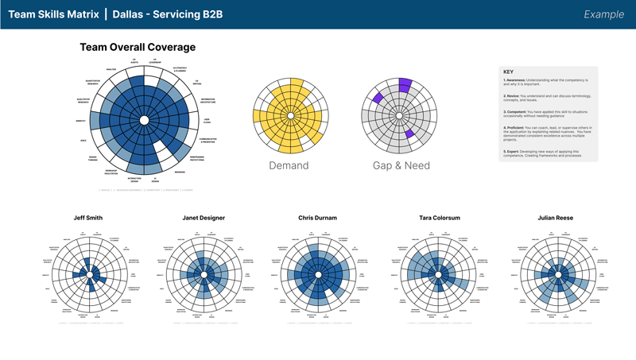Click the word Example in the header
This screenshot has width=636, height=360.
point(603,14)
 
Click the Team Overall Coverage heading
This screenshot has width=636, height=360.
point(138,48)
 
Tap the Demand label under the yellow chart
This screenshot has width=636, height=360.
point(289,165)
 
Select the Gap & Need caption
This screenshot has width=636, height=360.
point(401,165)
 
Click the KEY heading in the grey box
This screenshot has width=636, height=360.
point(509,72)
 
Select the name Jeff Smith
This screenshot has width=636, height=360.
point(90,218)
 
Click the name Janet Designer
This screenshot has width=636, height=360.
point(204,218)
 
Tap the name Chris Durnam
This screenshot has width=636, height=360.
point(318,218)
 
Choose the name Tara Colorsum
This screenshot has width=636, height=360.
point(432,218)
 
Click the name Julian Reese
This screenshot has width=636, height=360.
point(545,218)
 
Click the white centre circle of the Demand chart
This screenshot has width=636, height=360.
point(290,117)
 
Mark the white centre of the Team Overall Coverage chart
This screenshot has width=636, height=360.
point(143,120)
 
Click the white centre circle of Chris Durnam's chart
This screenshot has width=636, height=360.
point(318,275)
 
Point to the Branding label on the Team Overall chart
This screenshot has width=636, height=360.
point(180,171)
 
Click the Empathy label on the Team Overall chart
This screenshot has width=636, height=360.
point(80,121)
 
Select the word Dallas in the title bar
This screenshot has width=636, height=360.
point(130,14)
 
